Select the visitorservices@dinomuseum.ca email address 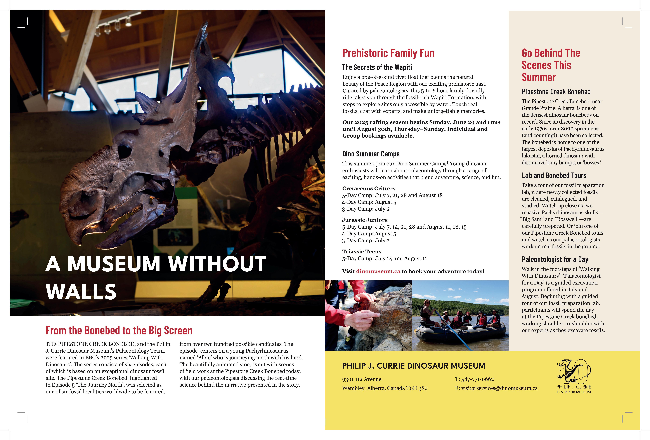(499, 388)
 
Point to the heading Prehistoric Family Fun (388, 53)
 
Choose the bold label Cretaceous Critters (369, 188)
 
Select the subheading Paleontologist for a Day (555, 259)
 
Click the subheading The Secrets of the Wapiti (377, 67)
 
